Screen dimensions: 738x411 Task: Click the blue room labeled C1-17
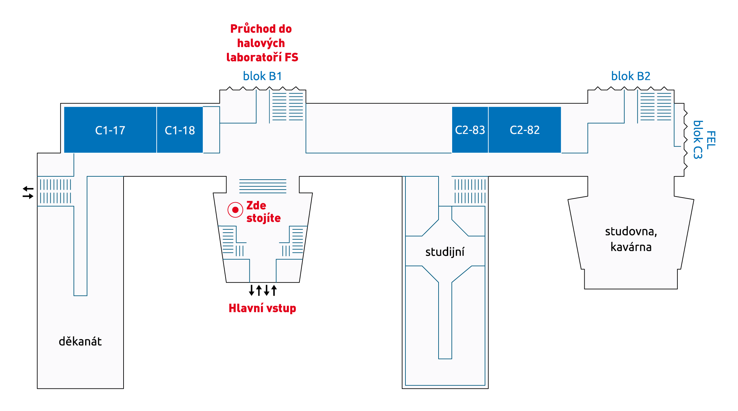[110, 130]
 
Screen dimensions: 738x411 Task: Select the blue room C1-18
[180, 130]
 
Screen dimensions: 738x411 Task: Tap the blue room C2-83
[470, 130]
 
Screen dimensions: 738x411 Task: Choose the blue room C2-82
[525, 130]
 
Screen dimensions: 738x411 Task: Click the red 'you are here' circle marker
[235, 210]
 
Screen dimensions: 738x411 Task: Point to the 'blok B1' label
[262, 76]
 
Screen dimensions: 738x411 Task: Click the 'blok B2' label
[631, 76]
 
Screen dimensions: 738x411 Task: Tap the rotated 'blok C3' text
[698, 140]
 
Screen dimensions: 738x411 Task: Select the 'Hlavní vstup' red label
[262, 308]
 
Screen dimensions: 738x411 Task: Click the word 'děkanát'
[80, 341]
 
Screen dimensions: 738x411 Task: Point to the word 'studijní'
[445, 252]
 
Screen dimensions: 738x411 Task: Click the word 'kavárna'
[631, 247]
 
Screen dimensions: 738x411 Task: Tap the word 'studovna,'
[631, 231]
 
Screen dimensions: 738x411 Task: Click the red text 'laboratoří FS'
[262, 57]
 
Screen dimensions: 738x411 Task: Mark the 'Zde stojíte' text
[264, 212]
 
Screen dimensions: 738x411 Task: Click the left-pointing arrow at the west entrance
[28, 189]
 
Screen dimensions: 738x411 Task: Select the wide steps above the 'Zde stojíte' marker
[263, 186]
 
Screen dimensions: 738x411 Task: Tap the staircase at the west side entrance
[56, 191]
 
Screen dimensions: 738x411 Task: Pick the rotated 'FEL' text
[711, 140]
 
